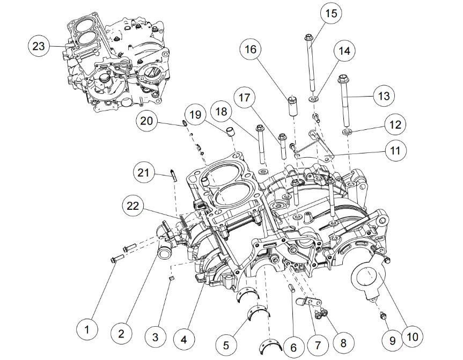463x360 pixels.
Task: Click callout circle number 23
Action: [x=39, y=46]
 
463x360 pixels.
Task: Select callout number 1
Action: [x=87, y=328]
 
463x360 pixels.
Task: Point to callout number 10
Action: [x=412, y=336]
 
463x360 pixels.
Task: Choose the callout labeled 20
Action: [x=146, y=121]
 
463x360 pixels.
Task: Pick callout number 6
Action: [x=293, y=347]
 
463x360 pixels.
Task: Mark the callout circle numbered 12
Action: [x=395, y=125]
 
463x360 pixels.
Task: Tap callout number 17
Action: [x=245, y=98]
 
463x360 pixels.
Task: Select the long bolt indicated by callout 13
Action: [x=344, y=105]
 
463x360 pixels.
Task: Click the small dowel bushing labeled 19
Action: [x=230, y=132]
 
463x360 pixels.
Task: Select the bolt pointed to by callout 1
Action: [x=118, y=255]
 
